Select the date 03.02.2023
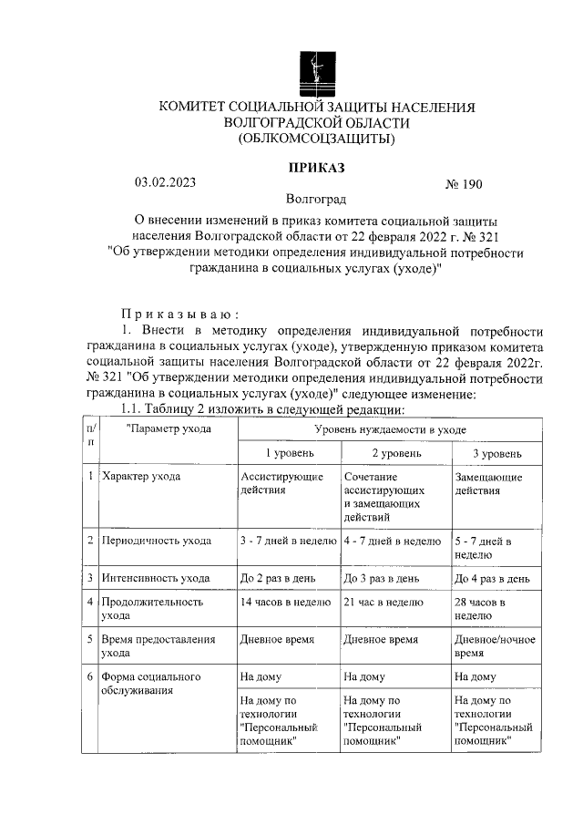[x=165, y=181]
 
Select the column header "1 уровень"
[x=290, y=453]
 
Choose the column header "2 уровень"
[x=395, y=453]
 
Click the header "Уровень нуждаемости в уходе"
[x=393, y=428]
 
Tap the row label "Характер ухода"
[x=141, y=477]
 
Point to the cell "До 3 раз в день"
[x=382, y=578]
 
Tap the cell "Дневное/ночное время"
[x=494, y=646]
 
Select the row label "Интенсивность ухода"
[x=156, y=578]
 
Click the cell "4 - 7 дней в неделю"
[x=393, y=541]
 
